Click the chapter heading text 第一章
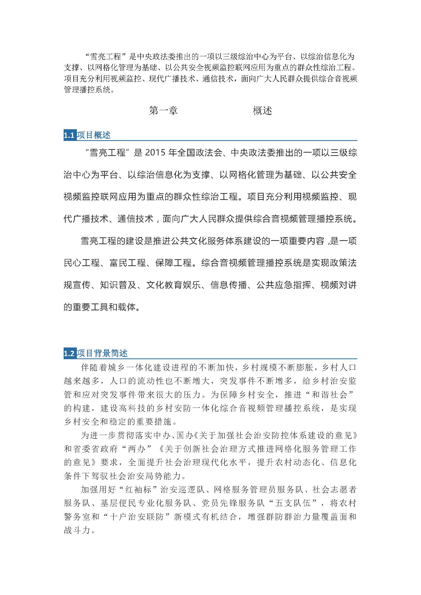(x=163, y=111)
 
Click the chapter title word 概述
(x=262, y=111)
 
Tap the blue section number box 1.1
(x=69, y=135)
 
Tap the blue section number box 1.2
(x=69, y=354)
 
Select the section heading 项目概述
(x=94, y=135)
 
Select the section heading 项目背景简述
(x=102, y=354)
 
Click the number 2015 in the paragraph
(x=155, y=153)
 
